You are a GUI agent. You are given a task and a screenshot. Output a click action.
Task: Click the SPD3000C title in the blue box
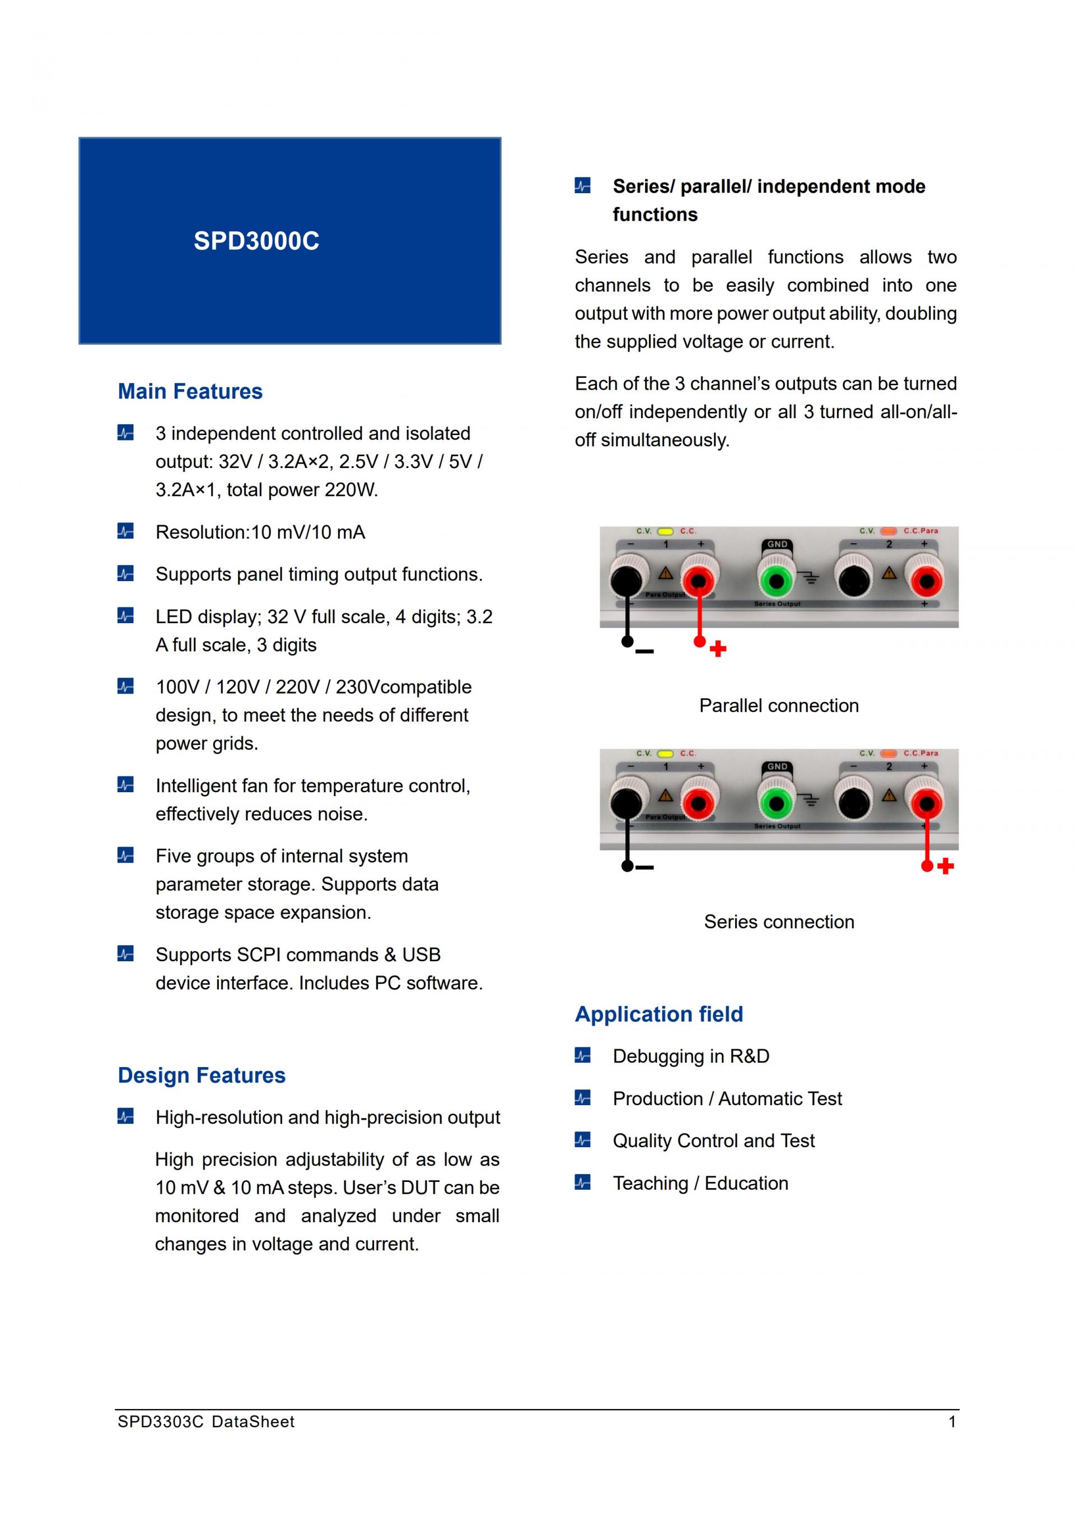coord(256,241)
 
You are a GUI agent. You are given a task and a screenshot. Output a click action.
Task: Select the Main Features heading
coord(190,391)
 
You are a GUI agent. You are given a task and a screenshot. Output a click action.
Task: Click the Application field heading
coord(658,1014)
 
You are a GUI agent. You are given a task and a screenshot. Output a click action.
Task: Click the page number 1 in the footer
coord(952,1422)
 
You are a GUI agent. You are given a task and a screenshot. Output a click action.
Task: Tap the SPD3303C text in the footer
coord(160,1422)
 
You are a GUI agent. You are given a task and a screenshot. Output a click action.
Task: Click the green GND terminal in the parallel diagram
coord(777,582)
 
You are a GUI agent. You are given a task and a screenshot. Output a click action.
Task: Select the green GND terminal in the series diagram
coord(777,805)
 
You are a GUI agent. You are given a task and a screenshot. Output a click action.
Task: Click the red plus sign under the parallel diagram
coord(718,649)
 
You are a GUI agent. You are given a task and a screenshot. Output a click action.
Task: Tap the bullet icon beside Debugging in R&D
coord(582,1055)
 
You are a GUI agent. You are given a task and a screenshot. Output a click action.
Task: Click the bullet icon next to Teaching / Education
coord(582,1182)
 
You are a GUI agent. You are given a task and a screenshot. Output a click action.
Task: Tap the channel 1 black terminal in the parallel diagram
coord(626,581)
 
